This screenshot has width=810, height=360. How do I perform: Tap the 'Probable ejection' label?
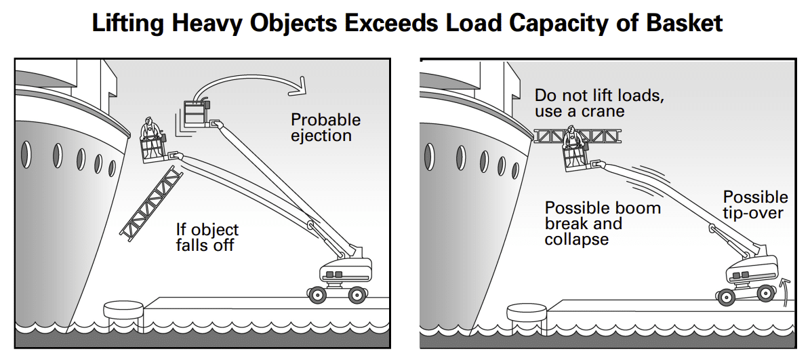[325, 127]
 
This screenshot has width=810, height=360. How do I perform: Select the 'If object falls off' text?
[207, 237]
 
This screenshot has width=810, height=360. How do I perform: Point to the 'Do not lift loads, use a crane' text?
[599, 102]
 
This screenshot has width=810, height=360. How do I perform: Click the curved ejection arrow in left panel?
[251, 80]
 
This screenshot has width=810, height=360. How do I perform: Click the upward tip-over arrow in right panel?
[786, 290]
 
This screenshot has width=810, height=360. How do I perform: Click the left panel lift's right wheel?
[357, 294]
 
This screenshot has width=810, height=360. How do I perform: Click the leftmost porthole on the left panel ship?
[26, 155]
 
